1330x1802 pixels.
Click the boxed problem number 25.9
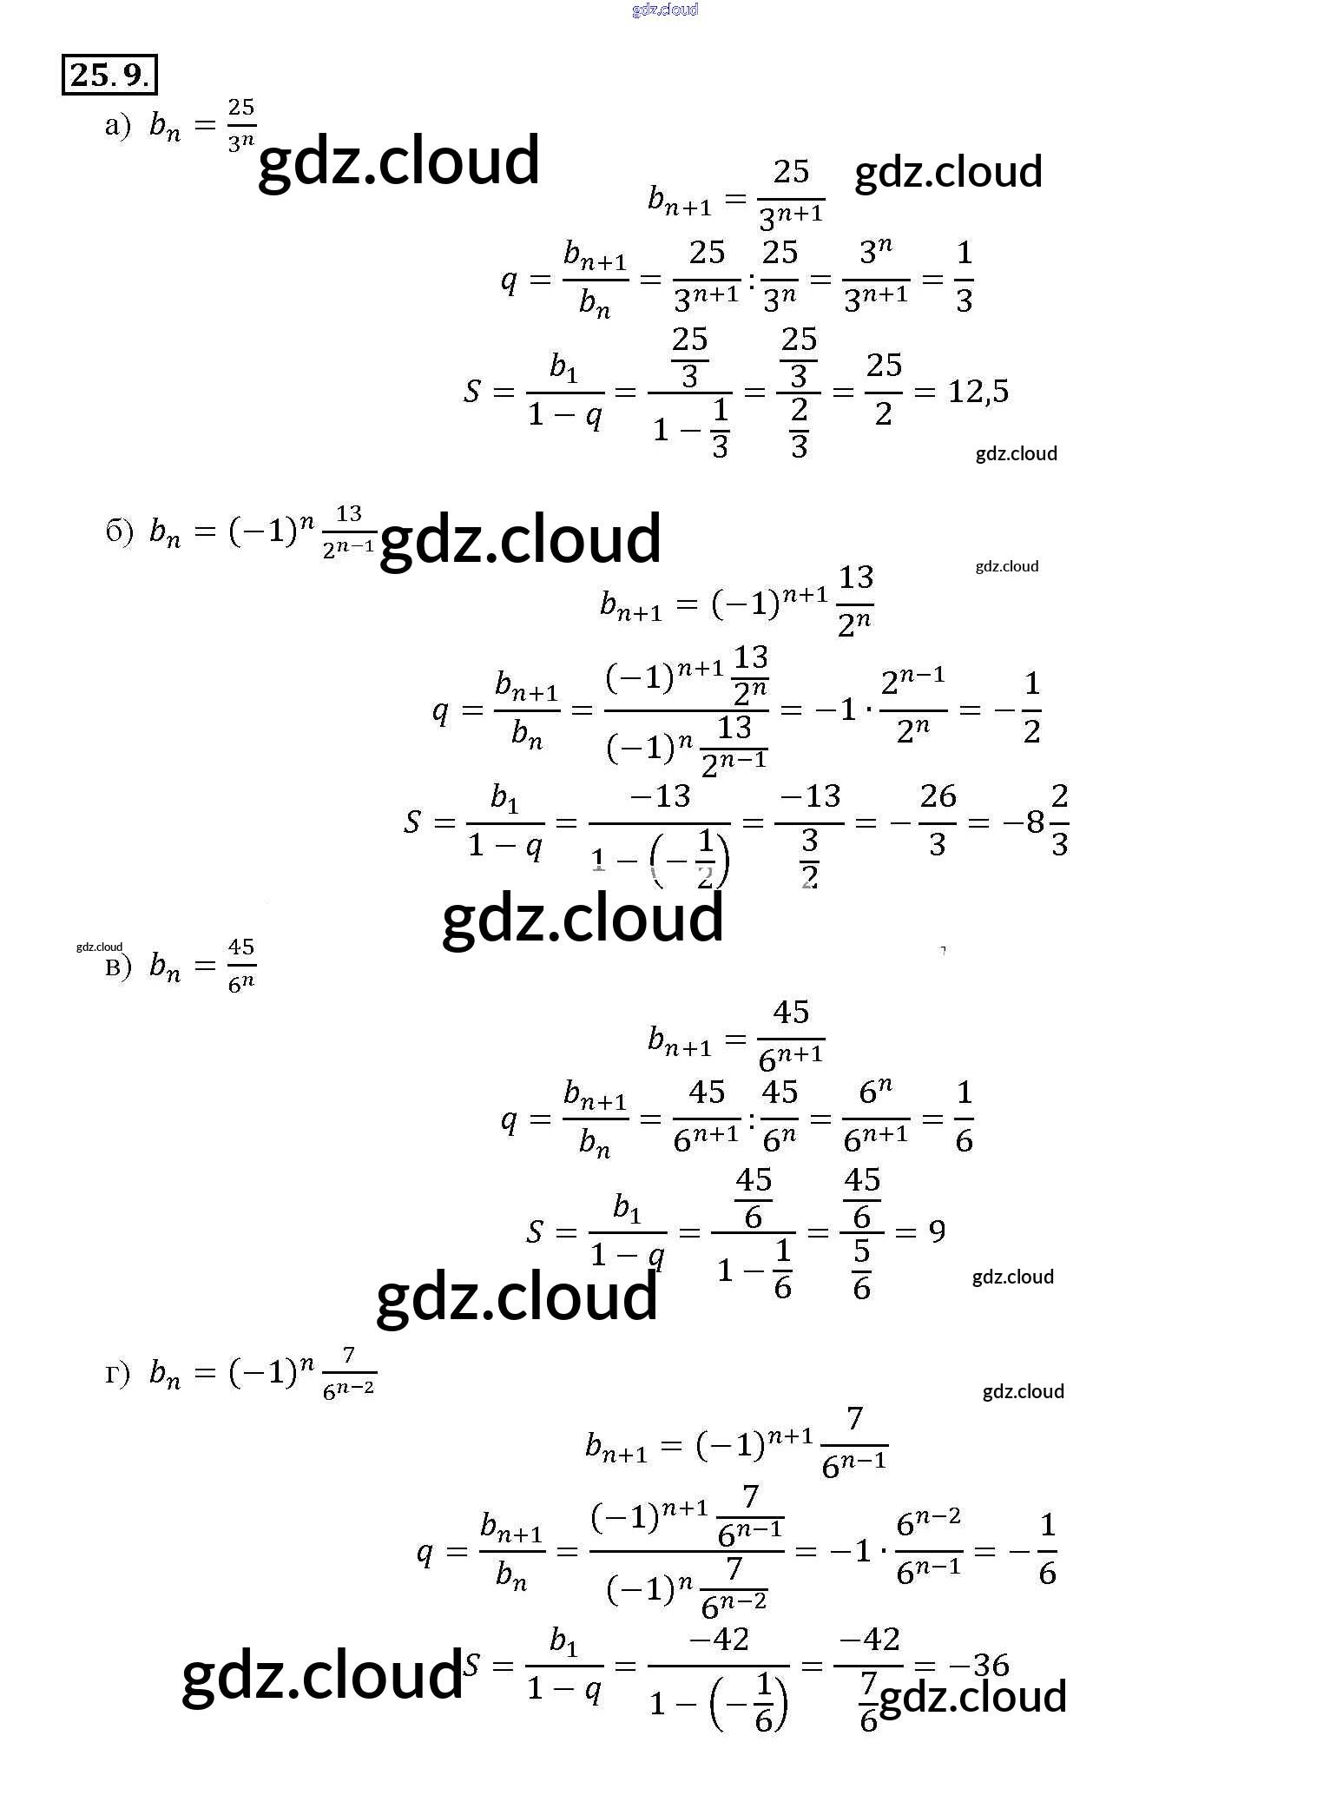coord(109,75)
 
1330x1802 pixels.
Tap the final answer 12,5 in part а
coord(978,392)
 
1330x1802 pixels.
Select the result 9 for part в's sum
coord(936,1231)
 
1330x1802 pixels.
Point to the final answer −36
coord(978,1665)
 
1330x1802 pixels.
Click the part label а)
coord(117,127)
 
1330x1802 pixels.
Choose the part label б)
coord(119,531)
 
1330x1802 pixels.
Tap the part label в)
coord(118,966)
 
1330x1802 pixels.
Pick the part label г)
coord(117,1374)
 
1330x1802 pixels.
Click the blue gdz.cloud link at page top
coord(665,10)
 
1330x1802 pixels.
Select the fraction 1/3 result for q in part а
coord(964,278)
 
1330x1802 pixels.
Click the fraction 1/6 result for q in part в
coord(964,1118)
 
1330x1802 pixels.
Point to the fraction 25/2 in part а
coord(884,390)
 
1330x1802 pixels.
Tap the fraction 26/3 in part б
coord(937,820)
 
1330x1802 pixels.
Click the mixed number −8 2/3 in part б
coord(1037,820)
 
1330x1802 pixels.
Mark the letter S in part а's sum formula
coord(471,392)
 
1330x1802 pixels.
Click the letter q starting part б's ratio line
coord(441,710)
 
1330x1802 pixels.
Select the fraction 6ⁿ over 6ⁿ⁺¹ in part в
coord(875,1118)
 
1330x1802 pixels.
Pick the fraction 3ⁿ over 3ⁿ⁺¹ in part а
coord(875,278)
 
